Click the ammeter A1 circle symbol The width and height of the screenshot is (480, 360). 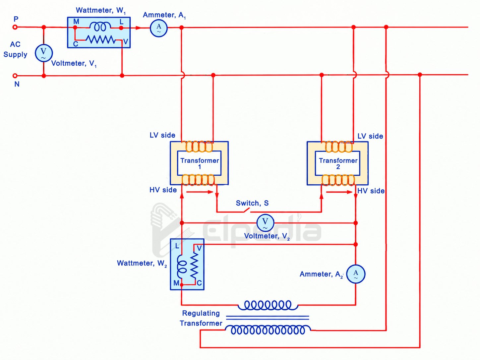click(x=159, y=28)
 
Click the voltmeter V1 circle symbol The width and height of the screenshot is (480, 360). click(x=44, y=53)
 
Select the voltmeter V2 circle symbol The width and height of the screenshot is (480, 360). click(x=265, y=223)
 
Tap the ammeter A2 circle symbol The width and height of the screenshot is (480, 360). click(x=356, y=274)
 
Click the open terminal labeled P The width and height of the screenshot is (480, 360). click(x=15, y=27)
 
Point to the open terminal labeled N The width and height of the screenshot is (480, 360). click(x=15, y=76)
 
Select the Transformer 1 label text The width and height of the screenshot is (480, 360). click(x=200, y=163)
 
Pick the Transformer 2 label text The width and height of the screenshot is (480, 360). click(x=338, y=163)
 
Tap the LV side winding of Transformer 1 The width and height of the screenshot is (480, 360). click(x=199, y=147)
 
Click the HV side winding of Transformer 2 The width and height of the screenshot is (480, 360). click(x=338, y=180)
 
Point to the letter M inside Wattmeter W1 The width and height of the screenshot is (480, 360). click(x=76, y=22)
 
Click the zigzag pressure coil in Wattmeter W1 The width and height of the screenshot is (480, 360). click(x=100, y=39)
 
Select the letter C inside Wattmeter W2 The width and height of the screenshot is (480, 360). click(x=199, y=283)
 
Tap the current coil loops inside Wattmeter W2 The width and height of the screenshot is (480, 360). click(x=182, y=267)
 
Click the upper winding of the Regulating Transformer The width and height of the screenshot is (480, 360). click(x=268, y=305)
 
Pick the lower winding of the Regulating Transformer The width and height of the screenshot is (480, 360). click(x=268, y=330)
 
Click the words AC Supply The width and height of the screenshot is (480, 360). click(x=15, y=49)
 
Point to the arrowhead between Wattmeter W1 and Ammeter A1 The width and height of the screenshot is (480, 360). click(x=138, y=28)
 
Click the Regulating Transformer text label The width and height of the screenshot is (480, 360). click(x=201, y=318)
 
